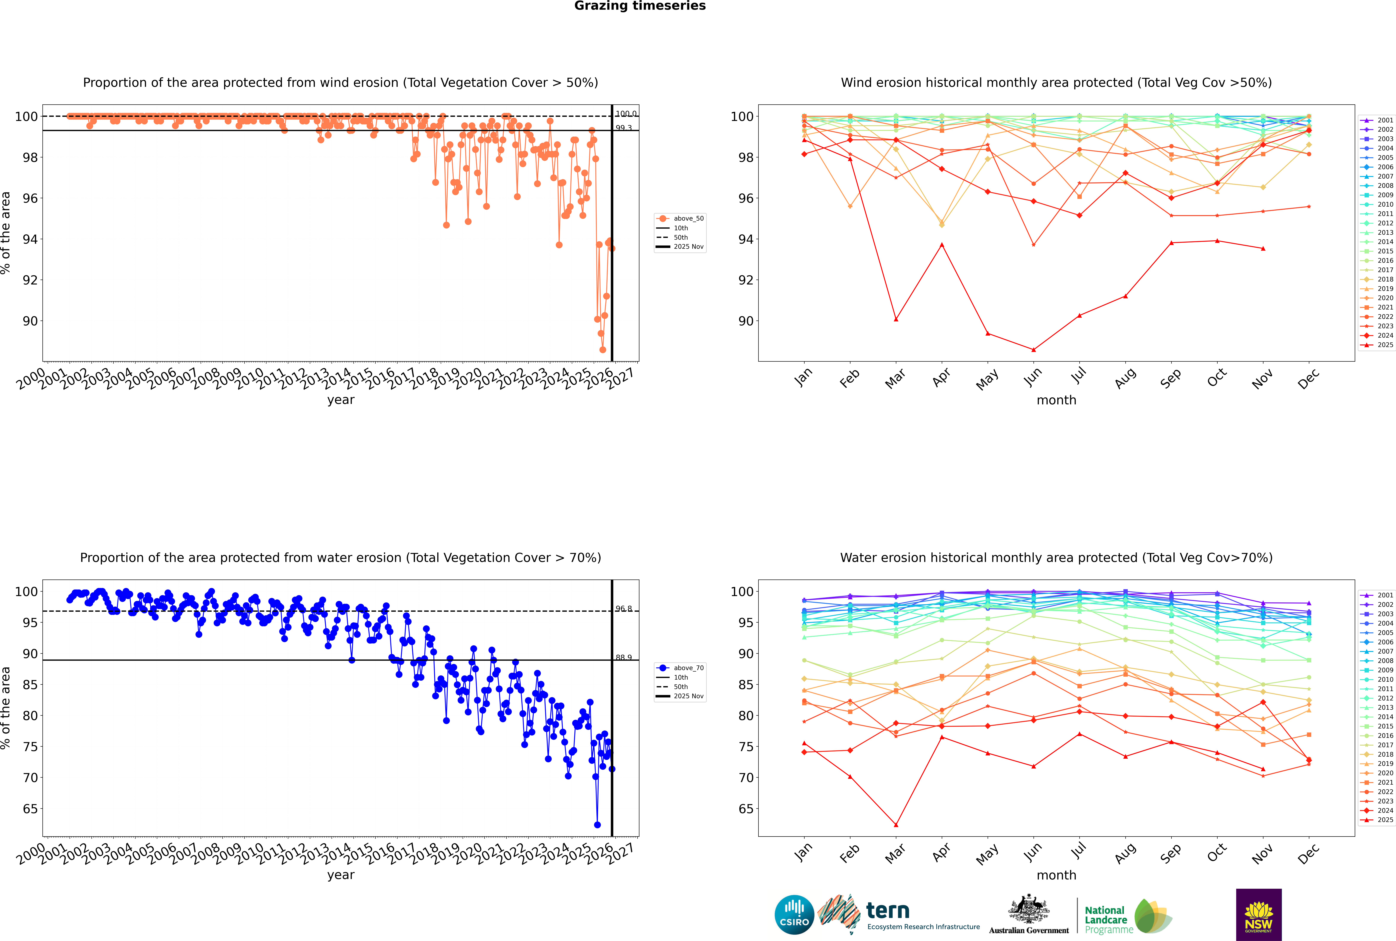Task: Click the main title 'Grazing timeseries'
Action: pos(640,6)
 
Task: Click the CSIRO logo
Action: pos(794,915)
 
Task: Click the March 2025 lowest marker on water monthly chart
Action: pos(896,825)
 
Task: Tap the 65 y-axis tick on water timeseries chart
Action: pos(30,809)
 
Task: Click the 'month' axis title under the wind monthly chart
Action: pos(1056,400)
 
